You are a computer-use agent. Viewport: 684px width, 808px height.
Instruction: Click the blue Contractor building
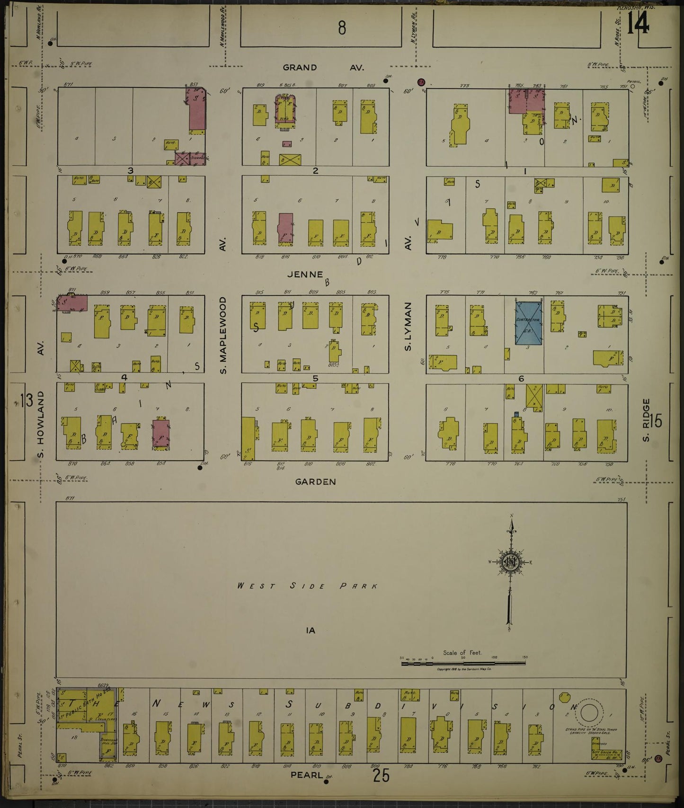[x=529, y=323]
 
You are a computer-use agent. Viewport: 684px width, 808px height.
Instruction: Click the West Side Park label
[x=308, y=586]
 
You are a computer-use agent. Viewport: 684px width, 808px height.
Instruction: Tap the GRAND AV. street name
[x=323, y=68]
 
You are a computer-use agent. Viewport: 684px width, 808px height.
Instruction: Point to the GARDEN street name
[x=315, y=482]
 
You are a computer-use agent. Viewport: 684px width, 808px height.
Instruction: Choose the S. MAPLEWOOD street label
[x=223, y=335]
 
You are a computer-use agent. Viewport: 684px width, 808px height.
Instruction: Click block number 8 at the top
[x=341, y=28]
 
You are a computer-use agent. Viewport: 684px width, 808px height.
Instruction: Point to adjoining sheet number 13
[x=26, y=402]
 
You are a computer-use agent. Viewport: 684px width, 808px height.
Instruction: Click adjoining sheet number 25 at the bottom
[x=381, y=775]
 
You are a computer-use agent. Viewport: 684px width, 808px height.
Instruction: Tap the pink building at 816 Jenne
[x=285, y=229]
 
